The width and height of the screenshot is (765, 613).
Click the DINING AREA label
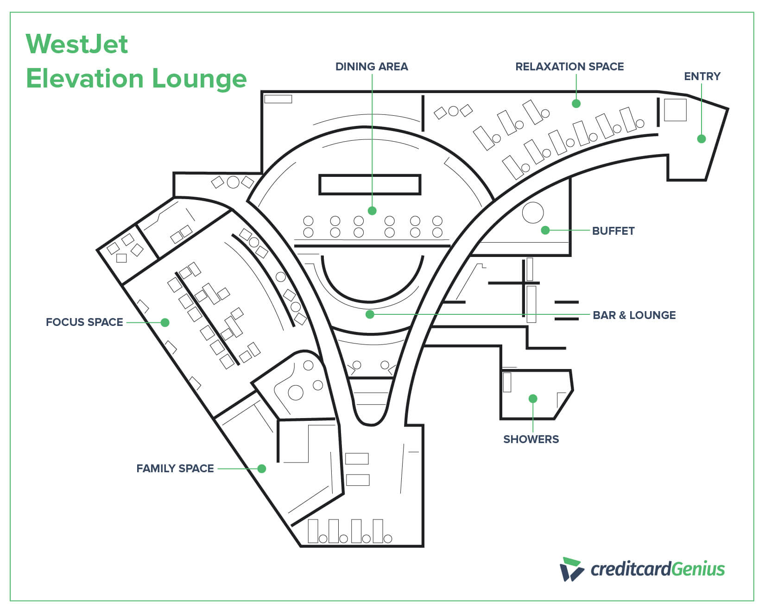(372, 67)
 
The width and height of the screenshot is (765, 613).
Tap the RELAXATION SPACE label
(569, 67)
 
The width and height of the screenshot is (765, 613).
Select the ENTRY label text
(702, 76)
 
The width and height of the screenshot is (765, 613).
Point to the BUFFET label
(613, 231)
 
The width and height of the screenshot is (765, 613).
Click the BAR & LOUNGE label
(634, 315)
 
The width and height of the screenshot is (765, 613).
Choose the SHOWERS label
(531, 439)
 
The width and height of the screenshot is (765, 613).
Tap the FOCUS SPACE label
(84, 322)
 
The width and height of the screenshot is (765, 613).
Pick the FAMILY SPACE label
(175, 469)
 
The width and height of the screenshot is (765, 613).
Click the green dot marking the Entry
(702, 138)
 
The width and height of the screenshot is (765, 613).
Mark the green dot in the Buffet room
(545, 230)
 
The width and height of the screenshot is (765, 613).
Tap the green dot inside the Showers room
(533, 399)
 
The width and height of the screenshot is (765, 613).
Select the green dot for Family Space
(262, 469)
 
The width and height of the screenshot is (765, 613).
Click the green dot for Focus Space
(165, 322)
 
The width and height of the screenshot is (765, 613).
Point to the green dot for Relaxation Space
(576, 104)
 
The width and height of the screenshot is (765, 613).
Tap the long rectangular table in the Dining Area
(370, 184)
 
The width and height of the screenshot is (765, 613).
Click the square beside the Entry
(675, 110)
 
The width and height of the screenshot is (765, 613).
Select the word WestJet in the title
(77, 44)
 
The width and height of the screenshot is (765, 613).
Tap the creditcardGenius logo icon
(572, 569)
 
